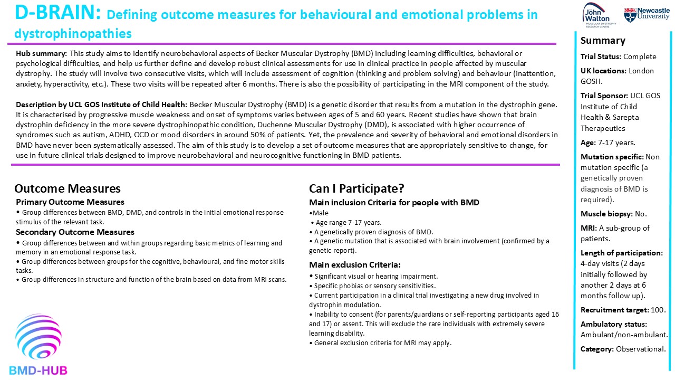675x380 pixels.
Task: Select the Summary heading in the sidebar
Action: point(603,41)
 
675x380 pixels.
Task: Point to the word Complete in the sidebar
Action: point(640,56)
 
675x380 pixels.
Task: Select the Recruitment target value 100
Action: point(659,310)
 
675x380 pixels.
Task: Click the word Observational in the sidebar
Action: point(641,349)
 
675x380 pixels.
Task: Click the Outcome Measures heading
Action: point(67,189)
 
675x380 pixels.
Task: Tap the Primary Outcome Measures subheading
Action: point(70,202)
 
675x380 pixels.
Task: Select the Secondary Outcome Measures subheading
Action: point(75,232)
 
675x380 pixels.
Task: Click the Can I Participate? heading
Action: point(356,189)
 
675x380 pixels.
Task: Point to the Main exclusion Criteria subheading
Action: point(355,265)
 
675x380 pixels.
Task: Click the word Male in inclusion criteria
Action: point(321,213)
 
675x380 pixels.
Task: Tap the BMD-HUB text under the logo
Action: point(38,370)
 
